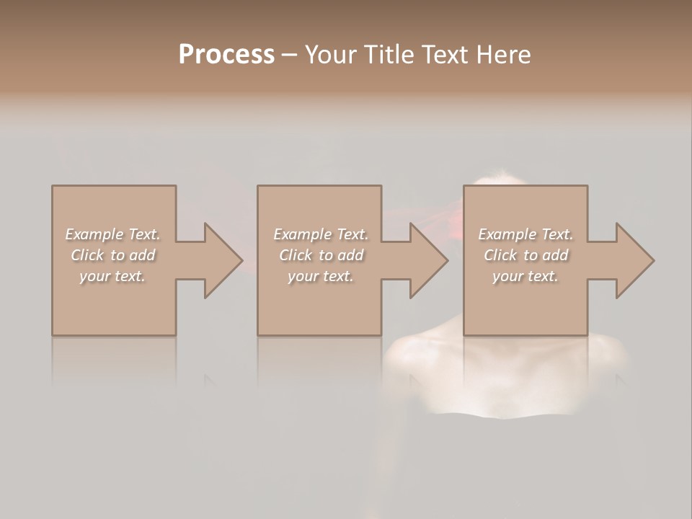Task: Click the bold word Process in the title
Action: pos(226,54)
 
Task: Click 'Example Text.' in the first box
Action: pos(113,234)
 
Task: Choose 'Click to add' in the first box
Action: pos(113,255)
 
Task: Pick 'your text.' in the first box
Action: pos(113,276)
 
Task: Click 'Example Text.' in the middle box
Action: pos(321,234)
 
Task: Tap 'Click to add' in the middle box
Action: pos(321,255)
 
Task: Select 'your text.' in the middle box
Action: pos(321,276)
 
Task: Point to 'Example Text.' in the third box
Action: pos(525,234)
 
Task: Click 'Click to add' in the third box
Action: pos(525,255)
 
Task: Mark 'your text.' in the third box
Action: pos(525,276)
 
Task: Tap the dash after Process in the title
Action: pos(289,56)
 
